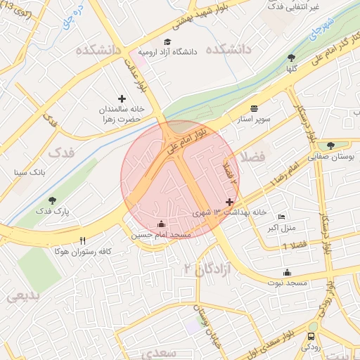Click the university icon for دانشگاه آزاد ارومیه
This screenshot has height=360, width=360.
click(x=167, y=41)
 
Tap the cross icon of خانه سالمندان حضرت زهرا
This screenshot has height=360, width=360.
click(x=122, y=99)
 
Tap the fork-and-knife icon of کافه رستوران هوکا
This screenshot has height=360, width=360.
click(x=83, y=240)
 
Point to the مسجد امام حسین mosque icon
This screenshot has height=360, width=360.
click(x=161, y=224)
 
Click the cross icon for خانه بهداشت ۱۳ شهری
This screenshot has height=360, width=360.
click(x=229, y=202)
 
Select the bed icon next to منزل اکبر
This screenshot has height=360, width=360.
click(x=282, y=217)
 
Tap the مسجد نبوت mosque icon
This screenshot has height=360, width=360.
click(x=286, y=272)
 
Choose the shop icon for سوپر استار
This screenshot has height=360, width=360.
click(x=254, y=108)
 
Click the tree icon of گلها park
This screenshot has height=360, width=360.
click(x=291, y=58)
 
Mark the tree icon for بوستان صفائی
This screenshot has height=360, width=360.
click(x=330, y=146)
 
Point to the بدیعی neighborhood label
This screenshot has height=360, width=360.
click(x=24, y=297)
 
